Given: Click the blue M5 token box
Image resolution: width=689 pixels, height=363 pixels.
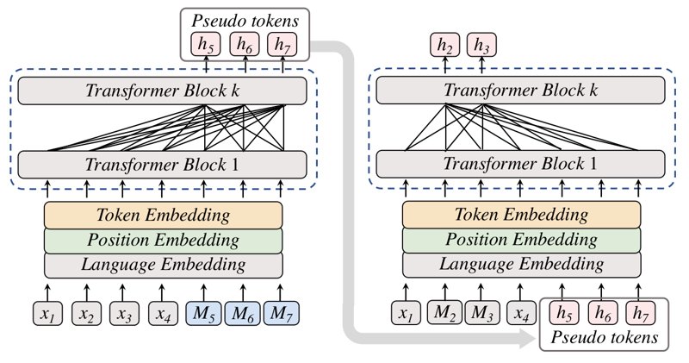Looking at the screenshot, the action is (x=203, y=313).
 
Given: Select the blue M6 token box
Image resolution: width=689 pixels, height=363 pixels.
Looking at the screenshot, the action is (x=243, y=313).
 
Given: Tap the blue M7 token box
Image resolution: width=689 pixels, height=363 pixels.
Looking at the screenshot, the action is (x=282, y=313).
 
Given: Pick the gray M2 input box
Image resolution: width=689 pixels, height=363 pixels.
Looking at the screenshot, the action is (x=444, y=312).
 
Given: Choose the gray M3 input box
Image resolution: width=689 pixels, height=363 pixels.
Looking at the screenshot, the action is (x=481, y=312).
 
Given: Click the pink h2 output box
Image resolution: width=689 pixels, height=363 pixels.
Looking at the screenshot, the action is (x=444, y=45).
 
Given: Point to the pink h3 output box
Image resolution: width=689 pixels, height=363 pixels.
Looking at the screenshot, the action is (x=481, y=45).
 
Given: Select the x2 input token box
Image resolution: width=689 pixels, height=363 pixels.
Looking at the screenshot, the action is (x=87, y=314).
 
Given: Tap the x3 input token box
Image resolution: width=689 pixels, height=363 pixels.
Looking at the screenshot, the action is (x=124, y=314).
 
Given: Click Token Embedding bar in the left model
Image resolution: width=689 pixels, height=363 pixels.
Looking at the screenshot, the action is (x=163, y=216).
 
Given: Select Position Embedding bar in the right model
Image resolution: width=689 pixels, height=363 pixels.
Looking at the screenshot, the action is (x=522, y=240).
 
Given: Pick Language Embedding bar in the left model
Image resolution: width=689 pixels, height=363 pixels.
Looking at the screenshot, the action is (x=163, y=266).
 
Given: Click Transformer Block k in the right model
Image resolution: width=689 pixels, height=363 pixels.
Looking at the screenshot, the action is (x=521, y=91).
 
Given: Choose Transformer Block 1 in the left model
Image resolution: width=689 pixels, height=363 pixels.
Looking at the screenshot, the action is (x=162, y=165).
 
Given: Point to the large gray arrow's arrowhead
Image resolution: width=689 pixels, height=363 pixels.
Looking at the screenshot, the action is (x=529, y=338).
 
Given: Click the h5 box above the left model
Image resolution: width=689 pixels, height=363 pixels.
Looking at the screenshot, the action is (x=206, y=45).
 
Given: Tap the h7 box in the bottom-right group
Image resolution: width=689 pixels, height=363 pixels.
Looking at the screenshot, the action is (x=640, y=313).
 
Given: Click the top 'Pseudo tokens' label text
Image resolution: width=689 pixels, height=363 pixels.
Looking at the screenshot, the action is (x=245, y=21).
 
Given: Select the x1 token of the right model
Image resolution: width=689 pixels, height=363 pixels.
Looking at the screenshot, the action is (x=406, y=313).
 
